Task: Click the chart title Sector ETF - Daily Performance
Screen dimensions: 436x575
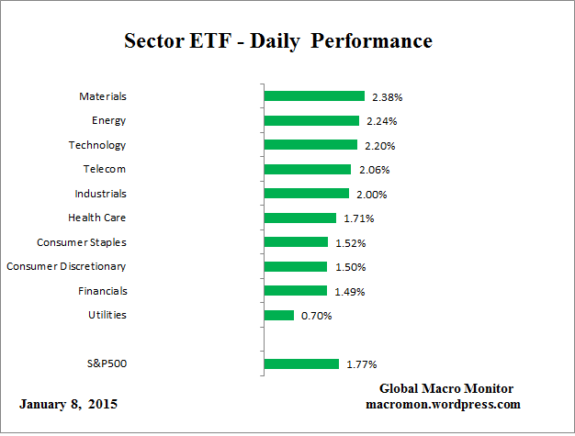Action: point(277,42)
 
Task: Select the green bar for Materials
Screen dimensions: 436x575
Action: point(314,95)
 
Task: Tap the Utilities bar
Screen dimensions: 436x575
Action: point(278,315)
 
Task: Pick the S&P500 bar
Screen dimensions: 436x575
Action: point(301,363)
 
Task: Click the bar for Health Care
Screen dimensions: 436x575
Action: point(299,218)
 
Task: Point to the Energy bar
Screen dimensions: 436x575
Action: point(311,120)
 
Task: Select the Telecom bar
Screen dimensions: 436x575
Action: point(307,169)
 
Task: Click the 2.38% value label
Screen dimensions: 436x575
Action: point(388,96)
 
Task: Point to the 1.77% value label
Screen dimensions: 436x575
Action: point(361,364)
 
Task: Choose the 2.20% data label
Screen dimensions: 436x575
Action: point(380,145)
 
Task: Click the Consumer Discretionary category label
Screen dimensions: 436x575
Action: point(66,266)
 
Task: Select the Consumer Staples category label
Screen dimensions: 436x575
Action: point(82,242)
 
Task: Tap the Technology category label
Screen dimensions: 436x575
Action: point(97,145)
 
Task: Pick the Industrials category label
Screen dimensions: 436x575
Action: point(100,194)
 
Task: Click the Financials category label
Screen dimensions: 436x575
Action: point(102,291)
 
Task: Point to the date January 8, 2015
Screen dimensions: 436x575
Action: point(68,404)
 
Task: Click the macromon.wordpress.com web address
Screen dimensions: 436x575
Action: point(443,404)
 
